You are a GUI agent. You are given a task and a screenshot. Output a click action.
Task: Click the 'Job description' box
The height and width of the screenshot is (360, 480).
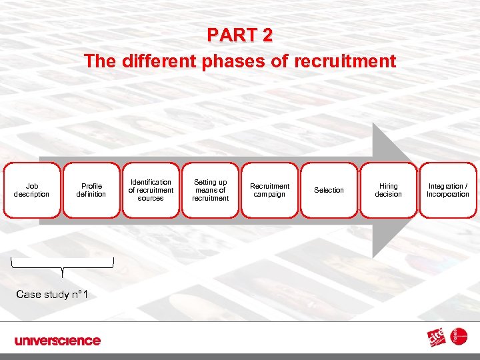click(32, 190)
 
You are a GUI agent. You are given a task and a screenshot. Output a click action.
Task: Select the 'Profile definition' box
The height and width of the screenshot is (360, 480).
click(91, 190)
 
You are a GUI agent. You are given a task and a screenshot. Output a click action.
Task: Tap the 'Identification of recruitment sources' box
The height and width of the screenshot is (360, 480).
click(151, 190)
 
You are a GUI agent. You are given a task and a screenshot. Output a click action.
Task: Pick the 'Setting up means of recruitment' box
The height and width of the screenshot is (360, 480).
click(210, 190)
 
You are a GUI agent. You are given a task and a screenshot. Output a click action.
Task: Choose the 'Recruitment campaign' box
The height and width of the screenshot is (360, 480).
click(269, 190)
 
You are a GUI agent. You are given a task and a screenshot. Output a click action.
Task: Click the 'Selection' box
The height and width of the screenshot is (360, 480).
click(329, 190)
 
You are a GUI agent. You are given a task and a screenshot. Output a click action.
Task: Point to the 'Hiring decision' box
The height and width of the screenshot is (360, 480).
click(388, 190)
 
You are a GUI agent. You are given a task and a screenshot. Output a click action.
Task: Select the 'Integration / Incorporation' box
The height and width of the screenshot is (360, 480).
click(447, 190)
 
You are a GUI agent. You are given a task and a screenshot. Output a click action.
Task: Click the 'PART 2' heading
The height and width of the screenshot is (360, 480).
click(239, 35)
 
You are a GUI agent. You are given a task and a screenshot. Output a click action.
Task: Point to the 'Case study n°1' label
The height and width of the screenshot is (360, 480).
click(52, 294)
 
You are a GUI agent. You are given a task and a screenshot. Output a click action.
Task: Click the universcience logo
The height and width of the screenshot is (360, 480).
click(58, 341)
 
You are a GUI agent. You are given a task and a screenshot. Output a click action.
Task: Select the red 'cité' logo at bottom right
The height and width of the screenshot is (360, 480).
click(437, 339)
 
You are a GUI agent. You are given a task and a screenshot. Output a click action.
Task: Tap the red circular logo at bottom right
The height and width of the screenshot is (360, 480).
click(459, 337)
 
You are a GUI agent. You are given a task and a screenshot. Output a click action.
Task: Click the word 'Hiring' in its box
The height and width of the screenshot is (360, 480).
click(388, 186)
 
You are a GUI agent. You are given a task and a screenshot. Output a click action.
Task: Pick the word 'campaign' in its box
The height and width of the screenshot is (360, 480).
click(269, 194)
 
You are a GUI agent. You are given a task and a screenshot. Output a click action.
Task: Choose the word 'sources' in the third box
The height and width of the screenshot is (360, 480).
click(151, 198)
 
